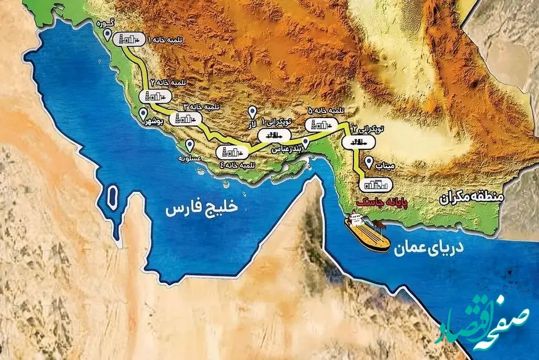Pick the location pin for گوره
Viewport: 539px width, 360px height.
click(x=108, y=35)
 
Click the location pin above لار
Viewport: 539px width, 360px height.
click(x=252, y=112)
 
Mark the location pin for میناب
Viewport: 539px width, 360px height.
click(x=369, y=161)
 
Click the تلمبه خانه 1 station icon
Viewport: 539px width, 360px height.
click(x=128, y=39)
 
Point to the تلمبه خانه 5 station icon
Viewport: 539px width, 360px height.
click(x=317, y=125)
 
